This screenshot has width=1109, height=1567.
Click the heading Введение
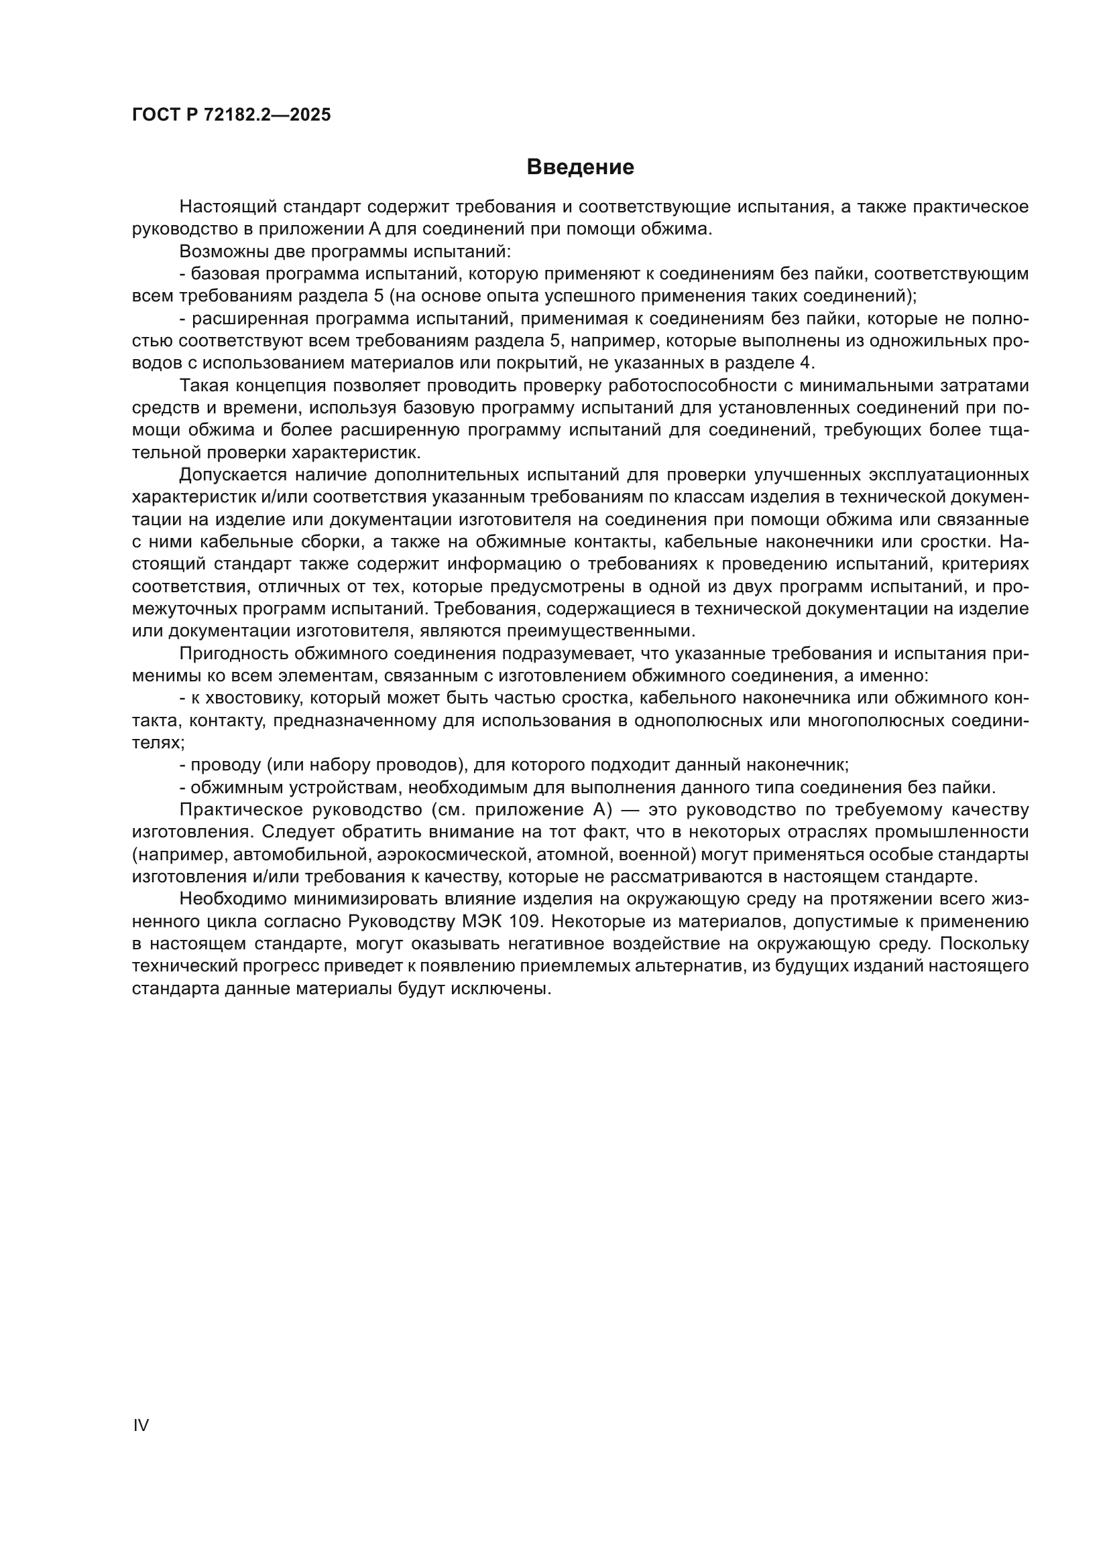click(581, 167)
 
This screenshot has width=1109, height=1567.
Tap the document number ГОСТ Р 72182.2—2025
click(231, 115)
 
